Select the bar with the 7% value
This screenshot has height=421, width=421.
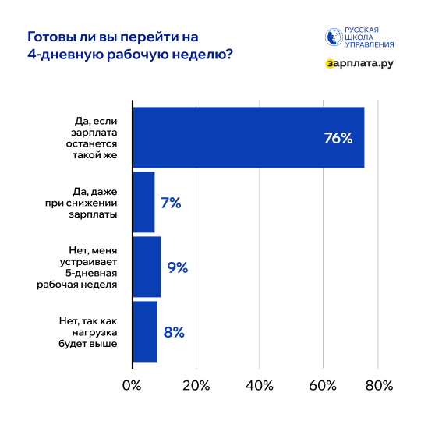pos(143,203)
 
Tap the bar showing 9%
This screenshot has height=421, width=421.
pos(147,267)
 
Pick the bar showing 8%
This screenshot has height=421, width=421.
pos(145,331)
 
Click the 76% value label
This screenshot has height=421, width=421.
pos(338,139)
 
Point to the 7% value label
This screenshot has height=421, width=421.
pos(171,203)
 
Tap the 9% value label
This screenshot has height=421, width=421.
pos(178,267)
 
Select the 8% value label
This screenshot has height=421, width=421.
pos(174,332)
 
